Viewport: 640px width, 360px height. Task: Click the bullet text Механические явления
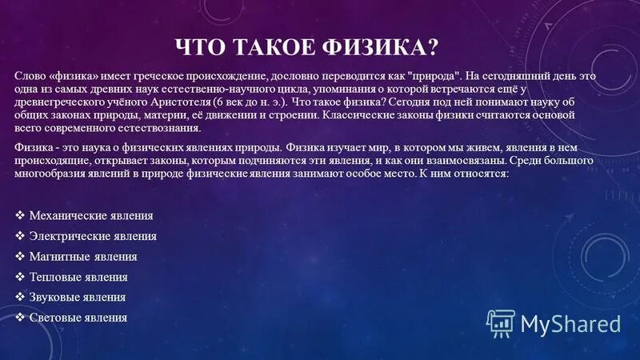90,216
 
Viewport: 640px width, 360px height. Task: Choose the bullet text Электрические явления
92,236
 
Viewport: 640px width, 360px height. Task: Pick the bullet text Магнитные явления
82,257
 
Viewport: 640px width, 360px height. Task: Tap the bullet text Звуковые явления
77,298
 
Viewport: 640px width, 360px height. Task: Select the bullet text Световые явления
78,318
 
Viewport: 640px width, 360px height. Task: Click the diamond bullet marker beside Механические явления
20,216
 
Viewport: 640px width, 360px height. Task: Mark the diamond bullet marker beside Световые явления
20,318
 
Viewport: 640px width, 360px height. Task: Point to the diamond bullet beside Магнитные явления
20,257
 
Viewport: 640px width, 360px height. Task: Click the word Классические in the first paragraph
358,115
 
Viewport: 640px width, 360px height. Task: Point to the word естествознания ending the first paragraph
159,129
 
